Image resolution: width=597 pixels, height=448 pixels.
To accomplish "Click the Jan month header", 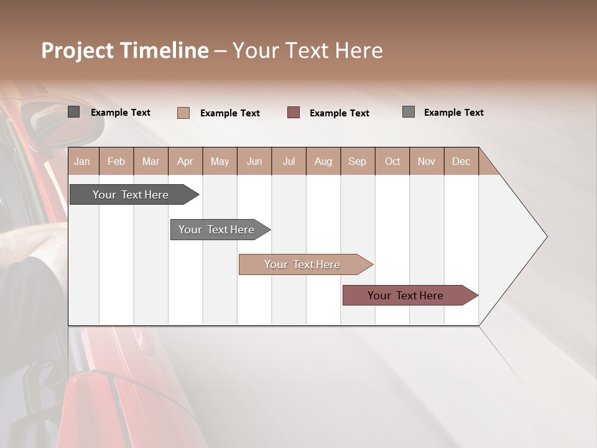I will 83,161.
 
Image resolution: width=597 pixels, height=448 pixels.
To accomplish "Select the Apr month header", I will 185,161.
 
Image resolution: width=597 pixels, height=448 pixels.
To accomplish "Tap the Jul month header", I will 289,161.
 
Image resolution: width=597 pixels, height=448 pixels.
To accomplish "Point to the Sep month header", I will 357,161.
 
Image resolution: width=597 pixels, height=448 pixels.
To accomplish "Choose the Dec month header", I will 461,161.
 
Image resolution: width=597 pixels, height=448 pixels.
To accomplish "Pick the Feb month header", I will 116,161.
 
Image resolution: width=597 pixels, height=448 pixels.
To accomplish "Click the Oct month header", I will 392,161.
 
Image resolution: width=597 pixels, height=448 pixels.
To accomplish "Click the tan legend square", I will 183,113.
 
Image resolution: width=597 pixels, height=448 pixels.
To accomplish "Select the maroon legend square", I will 294,113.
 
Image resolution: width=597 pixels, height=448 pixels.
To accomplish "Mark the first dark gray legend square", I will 74,112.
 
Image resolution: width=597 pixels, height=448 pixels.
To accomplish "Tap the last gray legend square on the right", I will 409,112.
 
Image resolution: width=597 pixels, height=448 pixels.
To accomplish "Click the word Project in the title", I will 78,50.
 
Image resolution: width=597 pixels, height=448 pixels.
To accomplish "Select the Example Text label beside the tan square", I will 229,113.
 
